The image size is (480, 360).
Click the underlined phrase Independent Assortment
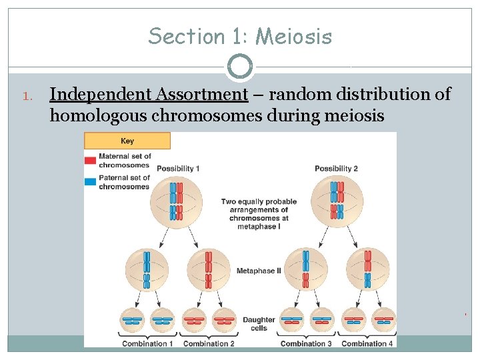click(149, 95)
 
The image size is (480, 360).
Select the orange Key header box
click(127, 141)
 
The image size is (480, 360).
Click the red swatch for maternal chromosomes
click(91, 160)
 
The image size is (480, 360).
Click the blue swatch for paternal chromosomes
click(91, 181)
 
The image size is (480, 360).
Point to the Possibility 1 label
click(178, 169)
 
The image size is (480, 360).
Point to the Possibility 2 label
click(336, 169)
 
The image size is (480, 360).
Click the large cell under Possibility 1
click(176, 203)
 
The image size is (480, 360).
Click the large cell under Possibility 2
click(336, 203)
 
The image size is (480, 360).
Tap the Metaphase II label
click(259, 271)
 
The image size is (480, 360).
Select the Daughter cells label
click(259, 324)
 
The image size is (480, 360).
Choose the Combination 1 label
click(147, 344)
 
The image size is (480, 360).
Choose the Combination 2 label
click(209, 344)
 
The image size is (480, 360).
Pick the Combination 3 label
click(306, 344)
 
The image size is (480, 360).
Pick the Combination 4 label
click(367, 344)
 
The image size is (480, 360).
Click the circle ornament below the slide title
click(240, 67)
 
